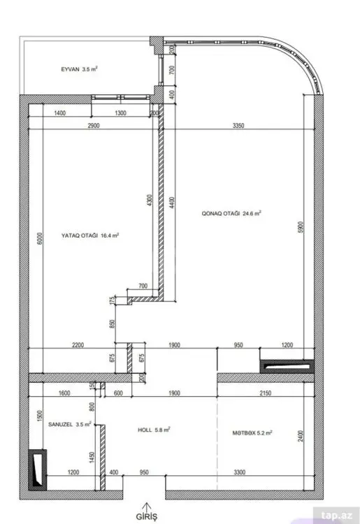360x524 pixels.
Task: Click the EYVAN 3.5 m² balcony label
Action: pyautogui.click(x=79, y=69)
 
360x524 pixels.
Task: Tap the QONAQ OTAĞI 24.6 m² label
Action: pyautogui.click(x=231, y=213)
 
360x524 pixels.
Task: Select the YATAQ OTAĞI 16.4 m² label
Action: pyautogui.click(x=90, y=235)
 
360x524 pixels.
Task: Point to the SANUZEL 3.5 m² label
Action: pyautogui.click(x=69, y=424)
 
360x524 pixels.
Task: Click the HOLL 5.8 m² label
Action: pyautogui.click(x=154, y=430)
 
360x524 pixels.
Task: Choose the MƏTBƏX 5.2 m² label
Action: pyautogui.click(x=252, y=432)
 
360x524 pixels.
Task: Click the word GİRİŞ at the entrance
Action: pyautogui.click(x=146, y=516)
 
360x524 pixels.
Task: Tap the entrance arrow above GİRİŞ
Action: pyautogui.click(x=146, y=507)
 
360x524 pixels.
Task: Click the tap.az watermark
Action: pyautogui.click(x=337, y=516)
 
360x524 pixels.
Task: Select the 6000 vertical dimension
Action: pyautogui.click(x=40, y=239)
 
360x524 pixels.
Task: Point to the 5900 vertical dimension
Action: pyautogui.click(x=301, y=227)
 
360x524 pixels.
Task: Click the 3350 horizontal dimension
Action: pyautogui.click(x=238, y=126)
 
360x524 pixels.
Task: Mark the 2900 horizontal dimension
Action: pyautogui.click(x=94, y=126)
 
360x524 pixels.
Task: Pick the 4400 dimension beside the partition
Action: pyautogui.click(x=172, y=203)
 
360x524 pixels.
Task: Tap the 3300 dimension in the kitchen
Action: pyautogui.click(x=240, y=472)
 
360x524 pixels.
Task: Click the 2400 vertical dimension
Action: pyautogui.click(x=301, y=436)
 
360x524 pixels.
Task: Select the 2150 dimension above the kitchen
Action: pyautogui.click(x=266, y=393)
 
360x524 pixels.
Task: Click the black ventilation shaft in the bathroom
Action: pyautogui.click(x=38, y=470)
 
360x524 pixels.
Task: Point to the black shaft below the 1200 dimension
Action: pyautogui.click(x=287, y=367)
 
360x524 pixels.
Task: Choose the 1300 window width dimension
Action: pyautogui.click(x=121, y=113)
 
